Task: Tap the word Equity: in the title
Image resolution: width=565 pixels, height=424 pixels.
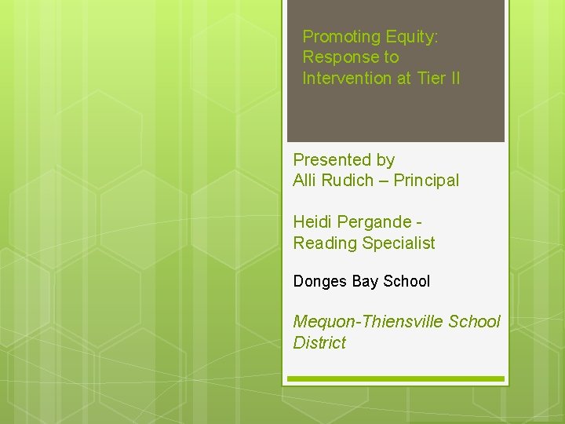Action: [x=412, y=37]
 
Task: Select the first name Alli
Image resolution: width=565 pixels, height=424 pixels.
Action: [x=304, y=181]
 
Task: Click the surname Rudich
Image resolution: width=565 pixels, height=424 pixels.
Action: [x=348, y=181]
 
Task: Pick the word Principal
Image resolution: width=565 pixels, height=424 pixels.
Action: [x=426, y=181]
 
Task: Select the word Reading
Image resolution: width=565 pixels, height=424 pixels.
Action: [x=324, y=243]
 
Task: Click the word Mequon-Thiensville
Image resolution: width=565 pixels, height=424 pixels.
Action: [x=368, y=321]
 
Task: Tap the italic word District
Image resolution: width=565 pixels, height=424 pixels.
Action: [x=319, y=342]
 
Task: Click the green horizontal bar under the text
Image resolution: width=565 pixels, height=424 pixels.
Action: [x=395, y=379]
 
